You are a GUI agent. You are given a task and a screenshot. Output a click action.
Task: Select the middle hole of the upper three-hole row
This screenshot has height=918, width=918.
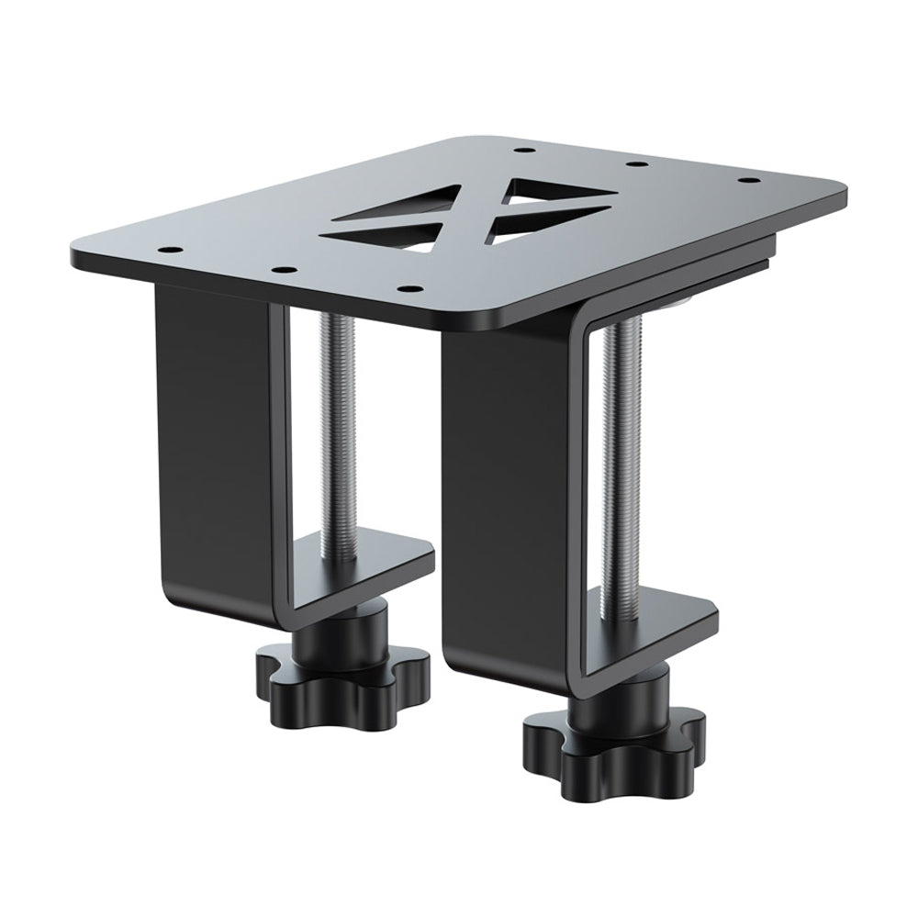click(633, 165)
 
